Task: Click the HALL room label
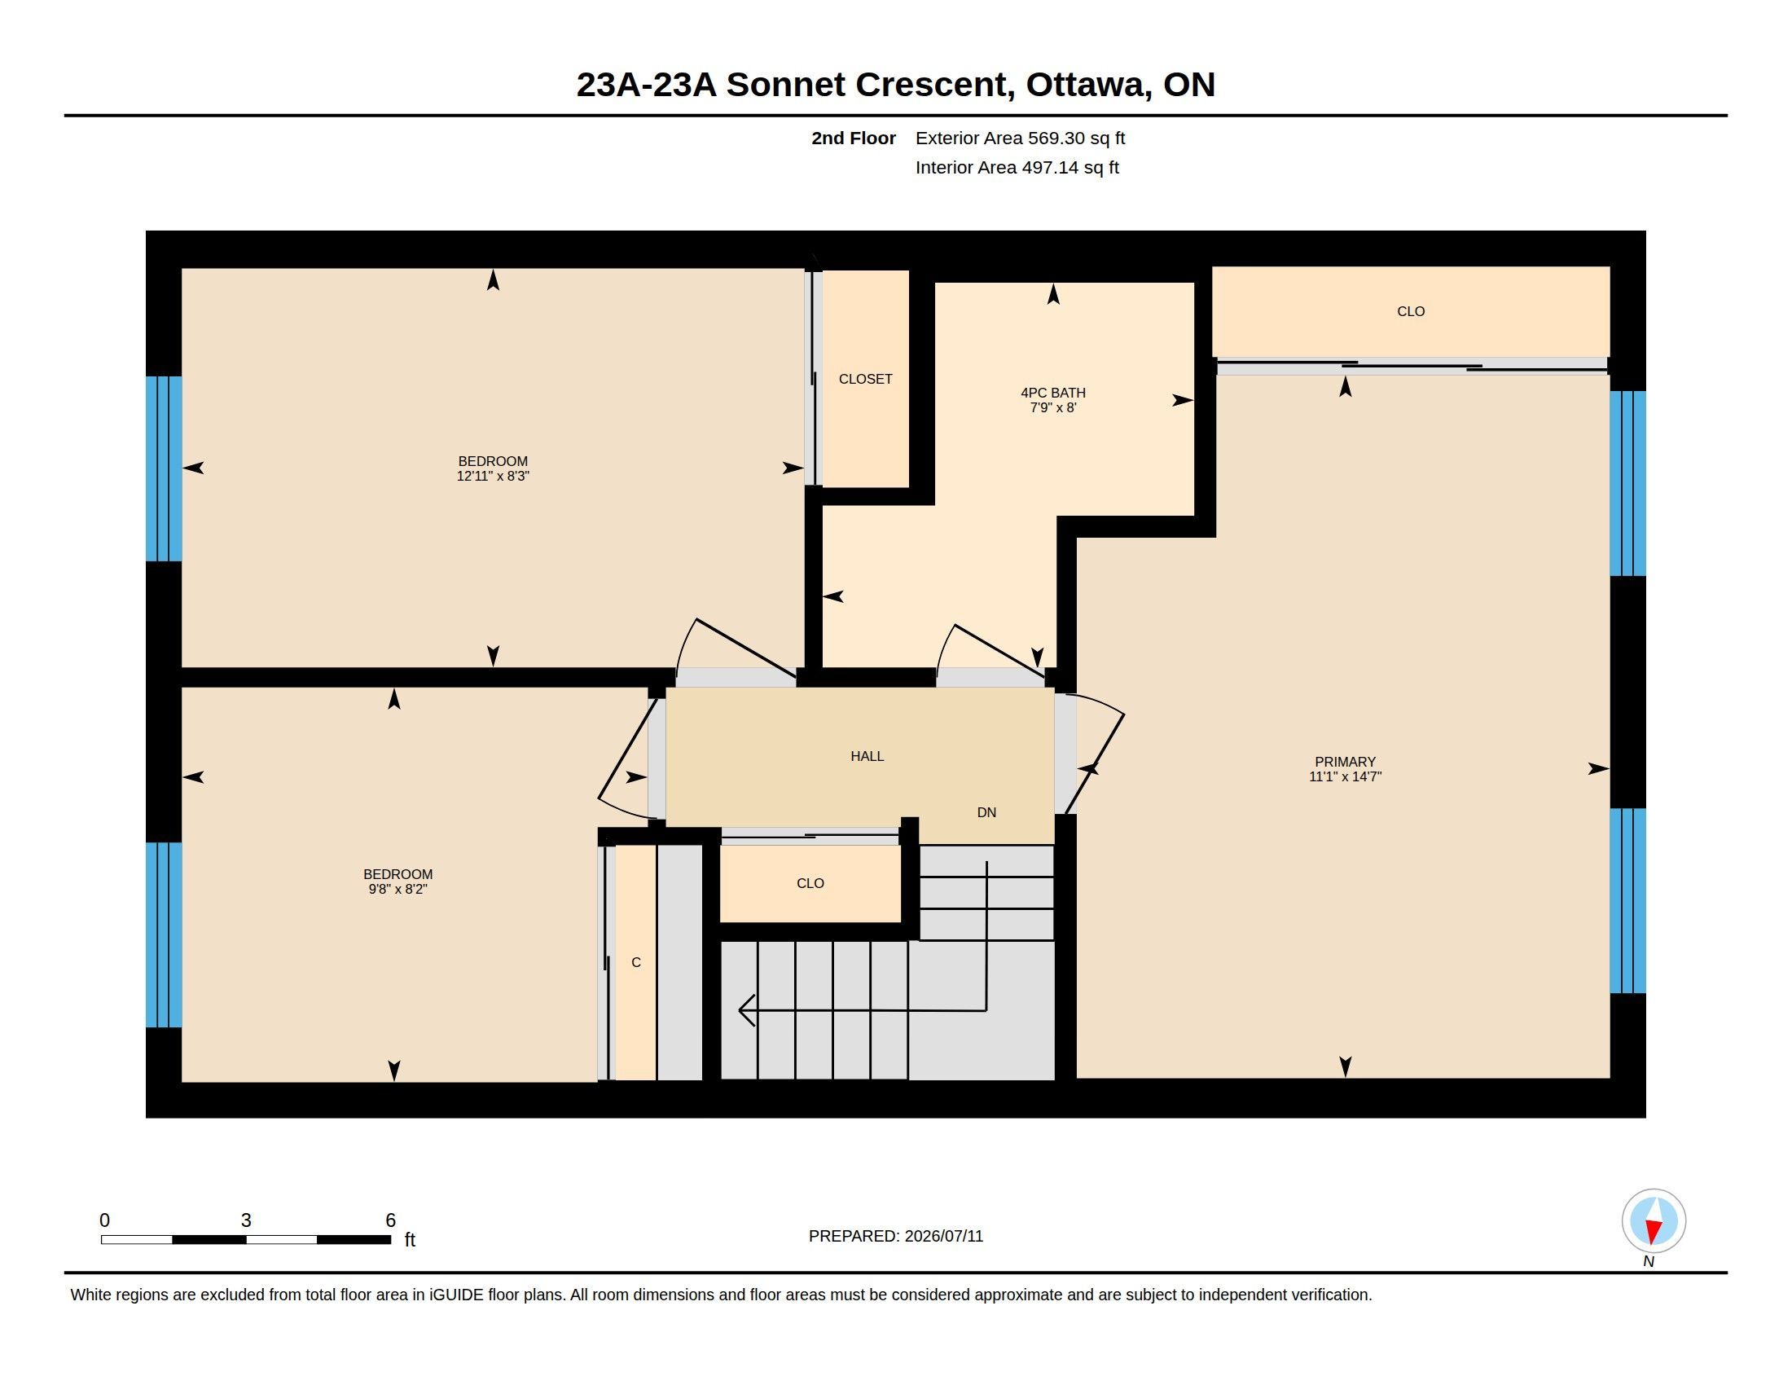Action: (867, 756)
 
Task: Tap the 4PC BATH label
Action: (1052, 392)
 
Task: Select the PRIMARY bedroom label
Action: (1345, 762)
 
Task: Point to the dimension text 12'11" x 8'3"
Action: (492, 476)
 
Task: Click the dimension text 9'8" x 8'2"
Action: (398, 889)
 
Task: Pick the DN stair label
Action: (986, 812)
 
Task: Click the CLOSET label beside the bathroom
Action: (866, 378)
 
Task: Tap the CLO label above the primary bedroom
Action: (1411, 311)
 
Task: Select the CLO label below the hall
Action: (810, 883)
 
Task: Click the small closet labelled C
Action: (636, 962)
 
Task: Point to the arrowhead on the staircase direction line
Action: (746, 1010)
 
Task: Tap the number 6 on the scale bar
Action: (390, 1220)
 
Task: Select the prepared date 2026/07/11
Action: (943, 1236)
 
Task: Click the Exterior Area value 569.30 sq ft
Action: (1077, 138)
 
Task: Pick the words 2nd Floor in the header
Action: (854, 138)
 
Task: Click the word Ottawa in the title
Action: (1086, 85)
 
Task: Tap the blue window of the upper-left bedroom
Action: (164, 468)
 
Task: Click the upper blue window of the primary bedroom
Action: (1628, 483)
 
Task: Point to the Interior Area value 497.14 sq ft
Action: (1070, 167)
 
